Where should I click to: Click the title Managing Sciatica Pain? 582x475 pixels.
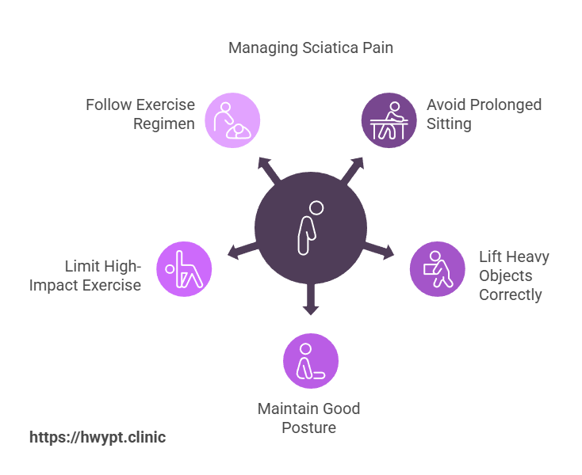tap(311, 48)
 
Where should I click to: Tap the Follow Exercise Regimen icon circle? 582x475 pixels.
tap(232, 120)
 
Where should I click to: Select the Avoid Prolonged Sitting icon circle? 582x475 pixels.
tap(389, 120)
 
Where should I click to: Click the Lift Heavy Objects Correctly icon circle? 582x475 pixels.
tap(438, 269)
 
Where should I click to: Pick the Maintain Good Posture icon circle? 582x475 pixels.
tap(311, 361)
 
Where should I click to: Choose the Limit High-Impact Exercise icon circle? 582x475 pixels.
tap(184, 269)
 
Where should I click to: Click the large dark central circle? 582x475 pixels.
tap(311, 228)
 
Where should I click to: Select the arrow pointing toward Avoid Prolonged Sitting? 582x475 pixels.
tap(352, 168)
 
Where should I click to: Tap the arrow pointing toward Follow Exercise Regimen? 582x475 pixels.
tap(268, 169)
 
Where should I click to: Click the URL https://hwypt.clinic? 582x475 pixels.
tap(98, 437)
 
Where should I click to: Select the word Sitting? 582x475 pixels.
tap(450, 123)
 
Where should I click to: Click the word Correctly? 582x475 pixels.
tap(511, 294)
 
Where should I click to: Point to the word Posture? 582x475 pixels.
tap(309, 427)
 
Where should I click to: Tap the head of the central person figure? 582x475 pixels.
tap(316, 208)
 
